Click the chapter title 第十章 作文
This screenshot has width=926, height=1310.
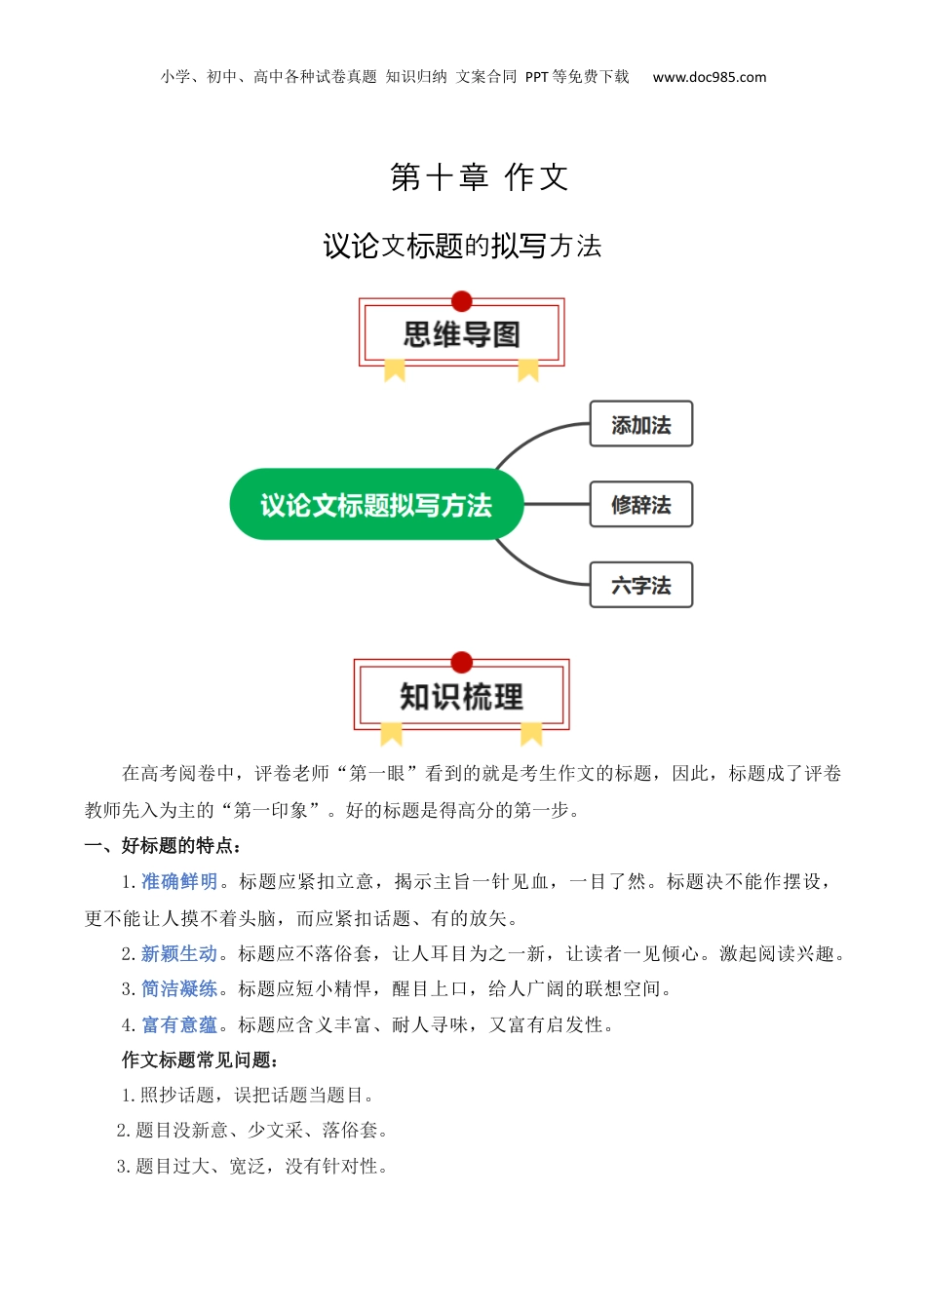(x=479, y=177)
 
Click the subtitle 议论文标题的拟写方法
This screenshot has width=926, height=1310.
(x=462, y=246)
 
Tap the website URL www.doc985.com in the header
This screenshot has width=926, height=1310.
(x=709, y=77)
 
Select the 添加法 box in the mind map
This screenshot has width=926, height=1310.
(x=640, y=425)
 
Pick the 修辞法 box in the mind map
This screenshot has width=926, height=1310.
(x=640, y=505)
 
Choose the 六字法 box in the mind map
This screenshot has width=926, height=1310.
(x=640, y=585)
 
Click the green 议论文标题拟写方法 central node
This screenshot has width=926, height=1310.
(x=376, y=505)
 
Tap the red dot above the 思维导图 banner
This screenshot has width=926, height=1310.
(x=462, y=301)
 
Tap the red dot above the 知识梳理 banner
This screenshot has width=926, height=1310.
(x=462, y=663)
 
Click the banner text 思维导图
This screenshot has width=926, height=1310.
(x=462, y=334)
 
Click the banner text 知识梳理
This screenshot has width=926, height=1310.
(x=461, y=696)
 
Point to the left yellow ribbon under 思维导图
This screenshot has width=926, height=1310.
(x=395, y=370)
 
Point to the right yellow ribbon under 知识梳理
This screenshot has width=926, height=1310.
(x=531, y=733)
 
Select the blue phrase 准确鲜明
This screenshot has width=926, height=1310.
(x=179, y=882)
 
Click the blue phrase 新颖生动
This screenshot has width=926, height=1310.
(x=179, y=953)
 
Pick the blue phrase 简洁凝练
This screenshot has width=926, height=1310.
(x=179, y=989)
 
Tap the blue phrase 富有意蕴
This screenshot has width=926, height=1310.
(x=179, y=1025)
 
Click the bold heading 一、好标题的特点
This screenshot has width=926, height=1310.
(x=163, y=846)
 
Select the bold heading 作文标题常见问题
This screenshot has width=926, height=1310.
(x=200, y=1060)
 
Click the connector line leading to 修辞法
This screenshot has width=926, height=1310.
(x=557, y=505)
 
